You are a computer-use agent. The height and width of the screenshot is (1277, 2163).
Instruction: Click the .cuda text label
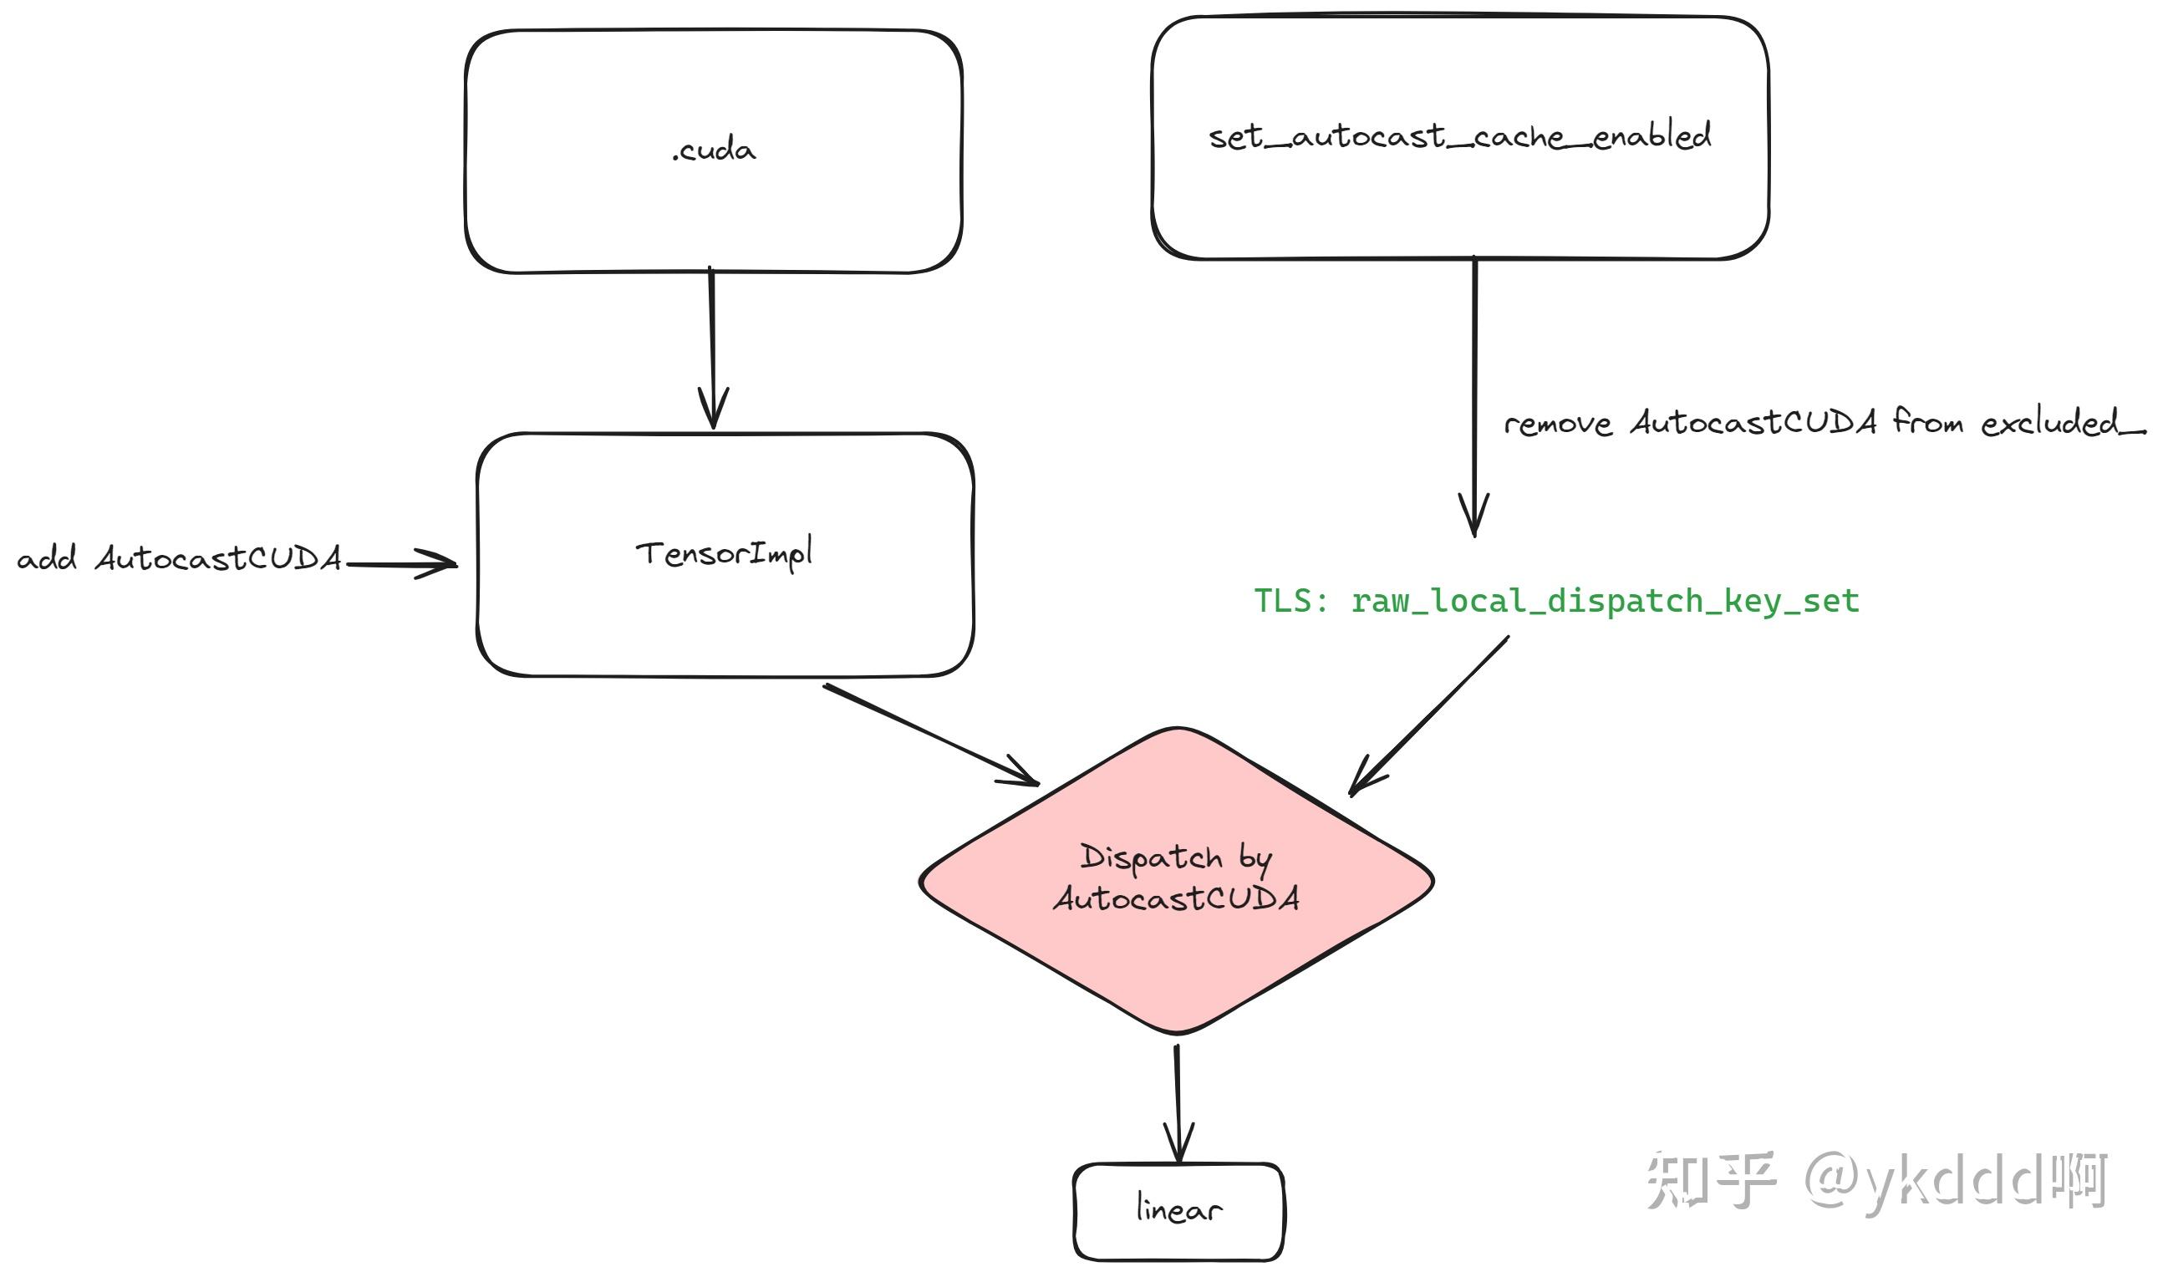pos(713,150)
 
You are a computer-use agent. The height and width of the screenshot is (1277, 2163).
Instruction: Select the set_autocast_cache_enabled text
pos(1459,137)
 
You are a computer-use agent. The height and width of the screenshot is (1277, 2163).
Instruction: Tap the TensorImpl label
pos(724,554)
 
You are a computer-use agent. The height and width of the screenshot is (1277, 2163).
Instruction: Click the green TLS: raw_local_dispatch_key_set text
pos(1555,601)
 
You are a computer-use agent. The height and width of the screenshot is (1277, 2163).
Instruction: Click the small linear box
pos(1178,1211)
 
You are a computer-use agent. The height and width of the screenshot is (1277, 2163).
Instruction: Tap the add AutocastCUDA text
pos(179,558)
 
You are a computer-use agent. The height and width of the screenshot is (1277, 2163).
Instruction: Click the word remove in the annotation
pos(1556,425)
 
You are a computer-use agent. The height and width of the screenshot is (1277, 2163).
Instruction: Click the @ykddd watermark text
pos(1924,1181)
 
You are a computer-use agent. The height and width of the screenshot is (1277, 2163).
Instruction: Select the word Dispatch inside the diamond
pos(1150,858)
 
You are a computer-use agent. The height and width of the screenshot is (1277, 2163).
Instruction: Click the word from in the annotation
pos(1927,422)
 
